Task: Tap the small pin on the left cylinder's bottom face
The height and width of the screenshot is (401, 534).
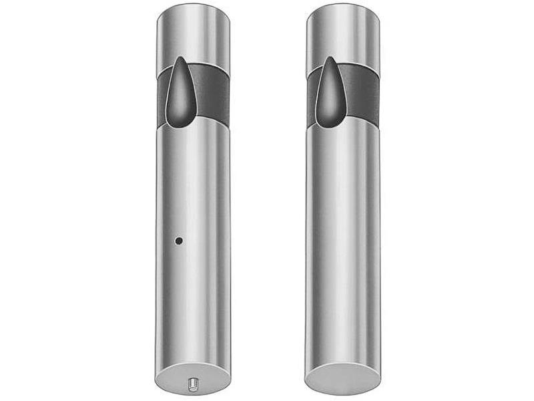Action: point(192,382)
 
